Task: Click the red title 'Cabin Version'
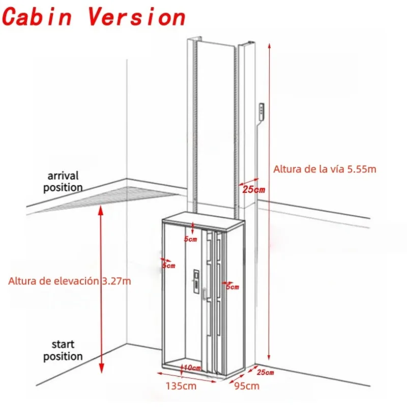tap(94, 17)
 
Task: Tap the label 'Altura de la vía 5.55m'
tap(325, 169)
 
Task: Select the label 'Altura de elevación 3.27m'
tap(70, 281)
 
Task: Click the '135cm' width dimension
tap(181, 386)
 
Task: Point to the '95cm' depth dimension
tap(247, 386)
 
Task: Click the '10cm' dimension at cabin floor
tap(193, 368)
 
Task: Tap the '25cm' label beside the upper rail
tap(254, 190)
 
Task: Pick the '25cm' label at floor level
tap(265, 372)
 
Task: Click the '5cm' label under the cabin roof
tap(190, 239)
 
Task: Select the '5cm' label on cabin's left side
tap(169, 266)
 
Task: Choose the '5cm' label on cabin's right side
tap(232, 287)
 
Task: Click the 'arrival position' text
tap(63, 182)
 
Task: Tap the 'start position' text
tap(63, 351)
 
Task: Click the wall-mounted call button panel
tap(261, 111)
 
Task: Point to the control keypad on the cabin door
tap(196, 282)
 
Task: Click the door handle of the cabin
tap(205, 294)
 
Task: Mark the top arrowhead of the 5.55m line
tap(270, 46)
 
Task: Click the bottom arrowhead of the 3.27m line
tap(101, 368)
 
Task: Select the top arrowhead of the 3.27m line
tap(101, 210)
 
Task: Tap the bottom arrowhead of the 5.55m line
tap(269, 357)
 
